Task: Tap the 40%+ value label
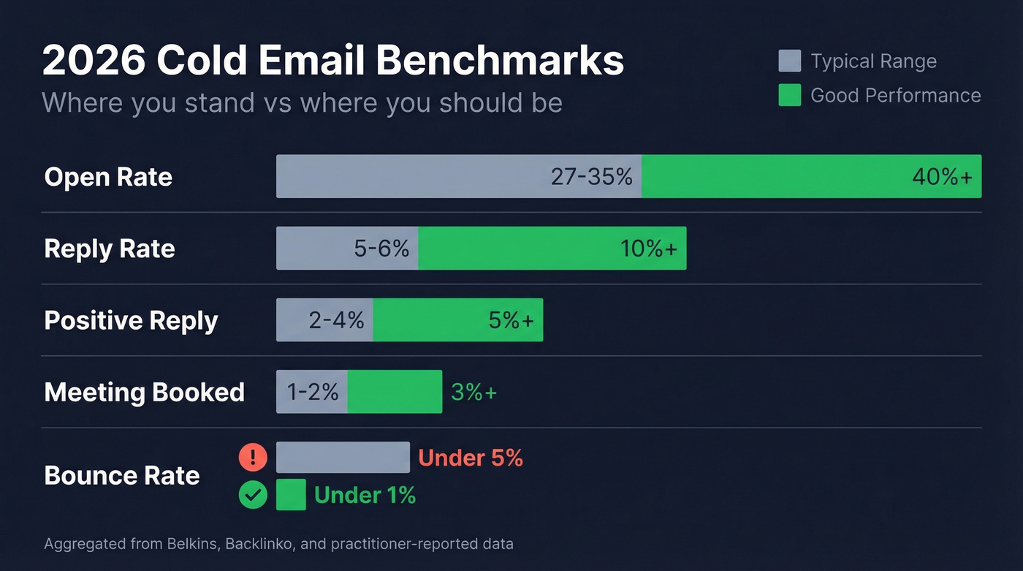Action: pyautogui.click(x=942, y=177)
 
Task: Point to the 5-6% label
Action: pyautogui.click(x=381, y=249)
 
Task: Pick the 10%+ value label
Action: pyautogui.click(x=649, y=249)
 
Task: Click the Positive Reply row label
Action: pyautogui.click(x=131, y=320)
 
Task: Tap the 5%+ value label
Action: pyautogui.click(x=511, y=320)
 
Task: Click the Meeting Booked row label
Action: pyautogui.click(x=144, y=392)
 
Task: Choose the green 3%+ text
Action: pyautogui.click(x=474, y=392)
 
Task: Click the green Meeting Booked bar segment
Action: pyautogui.click(x=395, y=392)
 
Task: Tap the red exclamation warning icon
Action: pyautogui.click(x=253, y=458)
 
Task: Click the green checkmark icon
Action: pyautogui.click(x=253, y=495)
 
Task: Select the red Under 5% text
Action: pyautogui.click(x=471, y=458)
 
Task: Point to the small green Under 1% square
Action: pyautogui.click(x=291, y=495)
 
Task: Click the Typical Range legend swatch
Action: pyautogui.click(x=789, y=61)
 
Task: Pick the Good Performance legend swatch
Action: pyautogui.click(x=789, y=95)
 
